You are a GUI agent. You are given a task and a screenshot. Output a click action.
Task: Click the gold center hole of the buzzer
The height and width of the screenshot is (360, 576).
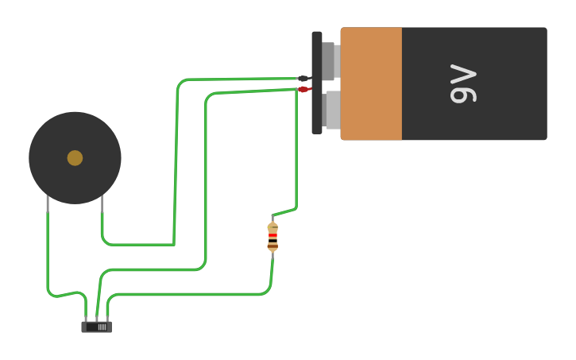coord(75,158)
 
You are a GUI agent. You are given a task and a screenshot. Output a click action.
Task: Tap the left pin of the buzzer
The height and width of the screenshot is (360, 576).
coord(48,205)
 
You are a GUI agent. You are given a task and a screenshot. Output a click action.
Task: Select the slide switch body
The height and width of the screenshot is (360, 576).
coord(96,327)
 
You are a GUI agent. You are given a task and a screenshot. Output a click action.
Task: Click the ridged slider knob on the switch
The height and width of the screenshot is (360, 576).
coord(101,326)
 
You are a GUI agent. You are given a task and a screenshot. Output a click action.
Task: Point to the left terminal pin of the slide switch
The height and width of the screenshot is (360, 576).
coord(86,319)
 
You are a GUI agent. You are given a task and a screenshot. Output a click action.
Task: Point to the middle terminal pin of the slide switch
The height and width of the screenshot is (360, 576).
coord(96,319)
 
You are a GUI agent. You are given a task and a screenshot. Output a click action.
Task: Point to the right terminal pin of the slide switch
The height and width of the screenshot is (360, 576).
coord(107,319)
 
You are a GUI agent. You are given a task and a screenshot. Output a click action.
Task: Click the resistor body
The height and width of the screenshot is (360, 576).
coord(273,237)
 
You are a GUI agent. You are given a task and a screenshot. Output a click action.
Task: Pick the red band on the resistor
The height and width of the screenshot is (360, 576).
coord(273,236)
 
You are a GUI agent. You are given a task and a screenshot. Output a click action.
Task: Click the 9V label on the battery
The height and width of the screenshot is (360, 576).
coord(463,83)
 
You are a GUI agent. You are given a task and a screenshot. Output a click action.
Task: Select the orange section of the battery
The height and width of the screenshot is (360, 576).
coord(371,83)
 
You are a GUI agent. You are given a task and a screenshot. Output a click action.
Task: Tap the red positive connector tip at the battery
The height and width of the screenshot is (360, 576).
coord(303,89)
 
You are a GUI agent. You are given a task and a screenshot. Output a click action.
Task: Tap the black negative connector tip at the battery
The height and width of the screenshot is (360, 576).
coord(303,79)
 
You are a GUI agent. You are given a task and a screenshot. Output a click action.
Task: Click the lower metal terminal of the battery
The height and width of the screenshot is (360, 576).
coord(332,110)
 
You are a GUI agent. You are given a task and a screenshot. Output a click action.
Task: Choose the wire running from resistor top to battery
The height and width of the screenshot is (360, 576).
coord(296,159)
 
